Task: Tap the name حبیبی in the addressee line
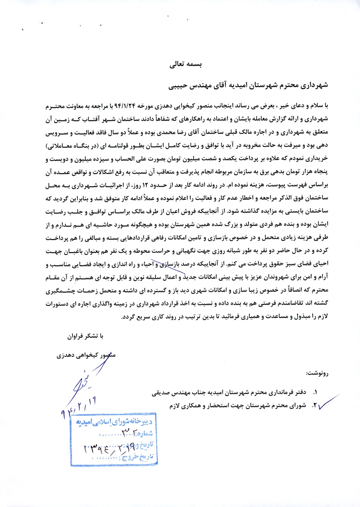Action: pyautogui.click(x=179, y=85)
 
